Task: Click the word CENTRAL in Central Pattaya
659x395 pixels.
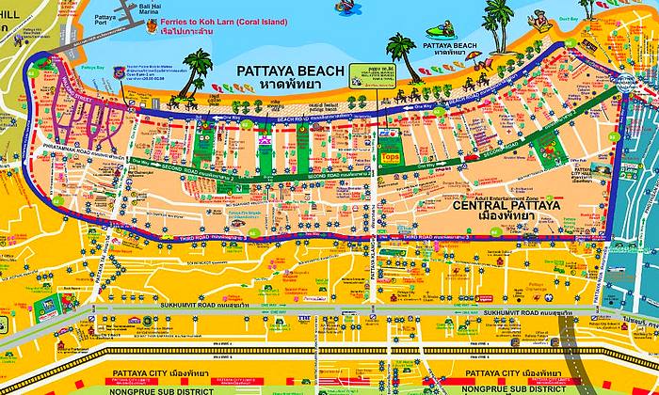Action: (x=482, y=205)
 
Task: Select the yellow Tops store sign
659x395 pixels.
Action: (x=389, y=158)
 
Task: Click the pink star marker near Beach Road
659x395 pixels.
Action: (x=265, y=139)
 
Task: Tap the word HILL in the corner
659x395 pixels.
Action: (x=11, y=28)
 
